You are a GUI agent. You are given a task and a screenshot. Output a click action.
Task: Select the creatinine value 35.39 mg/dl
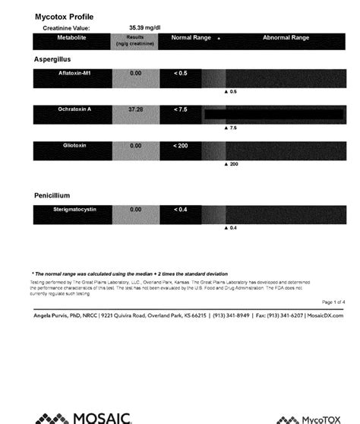pos(144,27)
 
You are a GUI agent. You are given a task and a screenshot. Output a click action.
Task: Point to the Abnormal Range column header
pos(286,37)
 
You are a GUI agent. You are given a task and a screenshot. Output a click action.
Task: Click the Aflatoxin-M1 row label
pos(72,73)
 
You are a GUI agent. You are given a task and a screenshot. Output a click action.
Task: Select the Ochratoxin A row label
pos(72,110)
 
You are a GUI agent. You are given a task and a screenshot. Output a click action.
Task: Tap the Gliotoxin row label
pos(72,145)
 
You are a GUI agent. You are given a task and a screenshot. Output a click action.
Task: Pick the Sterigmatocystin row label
pos(72,209)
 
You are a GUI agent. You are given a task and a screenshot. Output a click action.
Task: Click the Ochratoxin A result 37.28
pos(136,110)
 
